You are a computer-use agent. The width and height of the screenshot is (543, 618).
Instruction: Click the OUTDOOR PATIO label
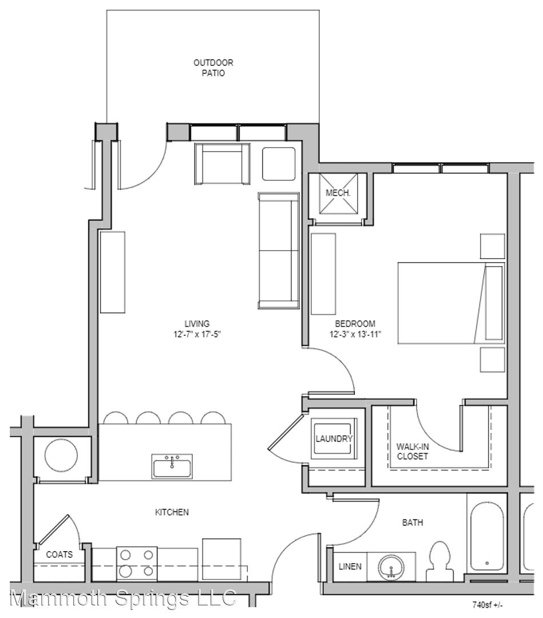click(213, 68)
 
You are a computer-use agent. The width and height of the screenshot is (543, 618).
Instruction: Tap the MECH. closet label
click(338, 193)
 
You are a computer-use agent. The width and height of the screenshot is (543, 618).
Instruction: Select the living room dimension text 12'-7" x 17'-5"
click(197, 334)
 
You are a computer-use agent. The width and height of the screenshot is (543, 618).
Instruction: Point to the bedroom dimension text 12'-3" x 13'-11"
click(355, 334)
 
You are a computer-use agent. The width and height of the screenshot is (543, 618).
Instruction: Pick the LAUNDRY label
click(334, 439)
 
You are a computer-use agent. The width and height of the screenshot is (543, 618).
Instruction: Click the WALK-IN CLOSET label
click(412, 451)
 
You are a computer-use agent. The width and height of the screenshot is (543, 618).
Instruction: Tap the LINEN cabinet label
click(350, 566)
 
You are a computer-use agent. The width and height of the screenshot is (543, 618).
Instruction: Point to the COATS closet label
click(60, 554)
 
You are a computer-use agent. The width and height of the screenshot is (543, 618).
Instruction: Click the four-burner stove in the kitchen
click(137, 564)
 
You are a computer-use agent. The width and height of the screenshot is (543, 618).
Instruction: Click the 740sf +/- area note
click(487, 604)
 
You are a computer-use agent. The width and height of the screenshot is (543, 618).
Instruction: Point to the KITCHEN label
click(172, 512)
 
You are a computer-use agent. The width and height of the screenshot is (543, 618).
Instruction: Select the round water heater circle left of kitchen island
click(61, 456)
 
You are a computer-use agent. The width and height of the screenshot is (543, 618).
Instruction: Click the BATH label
click(413, 522)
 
